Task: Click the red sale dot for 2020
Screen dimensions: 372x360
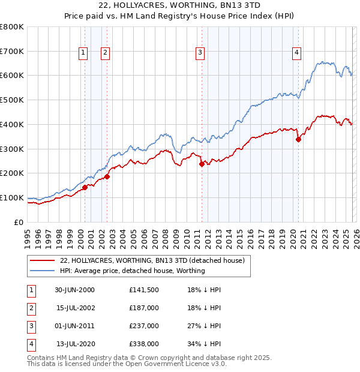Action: tap(298, 139)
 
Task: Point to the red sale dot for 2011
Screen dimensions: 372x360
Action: tap(202, 164)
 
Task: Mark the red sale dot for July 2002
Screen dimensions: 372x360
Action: tap(107, 176)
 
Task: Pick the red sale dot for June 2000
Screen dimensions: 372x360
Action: tap(85, 187)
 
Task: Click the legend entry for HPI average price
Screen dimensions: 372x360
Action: tap(132, 271)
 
